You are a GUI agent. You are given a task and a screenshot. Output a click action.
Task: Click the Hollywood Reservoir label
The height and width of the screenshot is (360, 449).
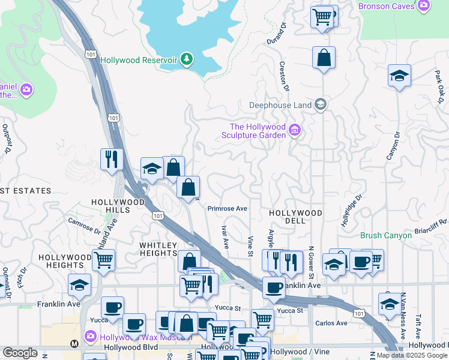(139, 60)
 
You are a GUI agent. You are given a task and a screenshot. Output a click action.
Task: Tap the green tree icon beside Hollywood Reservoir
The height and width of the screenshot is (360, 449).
(187, 58)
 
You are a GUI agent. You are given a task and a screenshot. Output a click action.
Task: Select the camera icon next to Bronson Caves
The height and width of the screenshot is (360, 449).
(424, 6)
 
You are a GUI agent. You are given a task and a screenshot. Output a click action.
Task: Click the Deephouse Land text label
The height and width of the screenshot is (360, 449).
(280, 105)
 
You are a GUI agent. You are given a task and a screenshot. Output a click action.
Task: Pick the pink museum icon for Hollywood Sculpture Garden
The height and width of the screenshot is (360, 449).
(294, 130)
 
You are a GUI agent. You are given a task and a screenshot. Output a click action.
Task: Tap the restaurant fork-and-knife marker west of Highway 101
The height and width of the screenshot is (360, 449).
(112, 159)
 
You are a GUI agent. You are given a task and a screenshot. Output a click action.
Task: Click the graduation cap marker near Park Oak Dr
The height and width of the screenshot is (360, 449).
(399, 76)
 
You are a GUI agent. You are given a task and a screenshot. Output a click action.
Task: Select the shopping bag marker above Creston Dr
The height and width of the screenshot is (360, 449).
(324, 58)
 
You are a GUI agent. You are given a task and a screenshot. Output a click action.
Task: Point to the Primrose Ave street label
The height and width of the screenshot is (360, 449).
(228, 209)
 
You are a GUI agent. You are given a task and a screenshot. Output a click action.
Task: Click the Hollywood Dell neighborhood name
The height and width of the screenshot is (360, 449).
(295, 213)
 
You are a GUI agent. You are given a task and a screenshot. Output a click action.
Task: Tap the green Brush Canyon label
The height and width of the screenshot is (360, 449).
(386, 236)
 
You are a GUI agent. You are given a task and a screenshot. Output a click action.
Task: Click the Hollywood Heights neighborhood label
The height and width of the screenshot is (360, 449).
(61, 261)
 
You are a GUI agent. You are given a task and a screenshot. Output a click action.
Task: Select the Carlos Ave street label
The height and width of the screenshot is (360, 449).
(331, 323)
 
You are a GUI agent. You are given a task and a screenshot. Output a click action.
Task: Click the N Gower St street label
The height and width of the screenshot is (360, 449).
(312, 262)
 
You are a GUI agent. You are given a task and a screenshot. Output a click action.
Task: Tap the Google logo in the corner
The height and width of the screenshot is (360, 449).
(20, 353)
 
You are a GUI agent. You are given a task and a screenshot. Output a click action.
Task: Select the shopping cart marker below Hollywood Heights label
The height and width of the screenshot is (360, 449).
(103, 260)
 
